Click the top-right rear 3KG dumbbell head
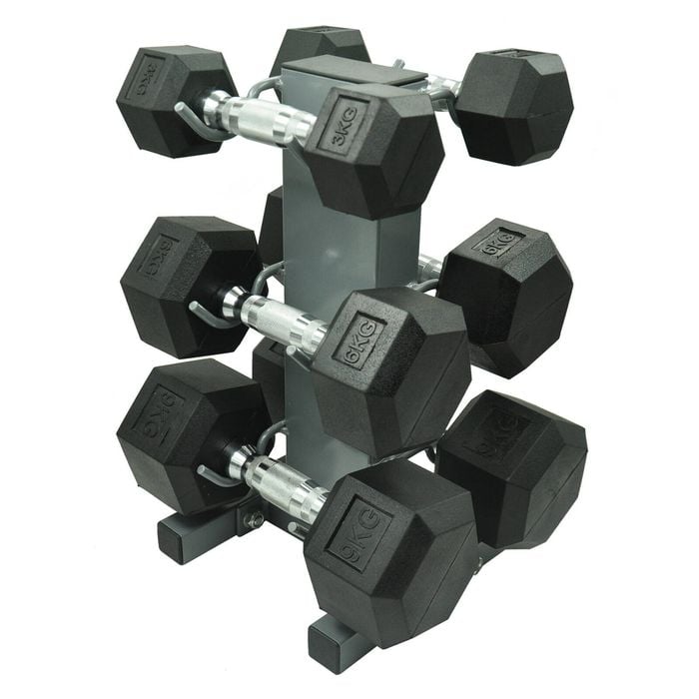point(513,104)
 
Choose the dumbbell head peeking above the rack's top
point(320,42)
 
